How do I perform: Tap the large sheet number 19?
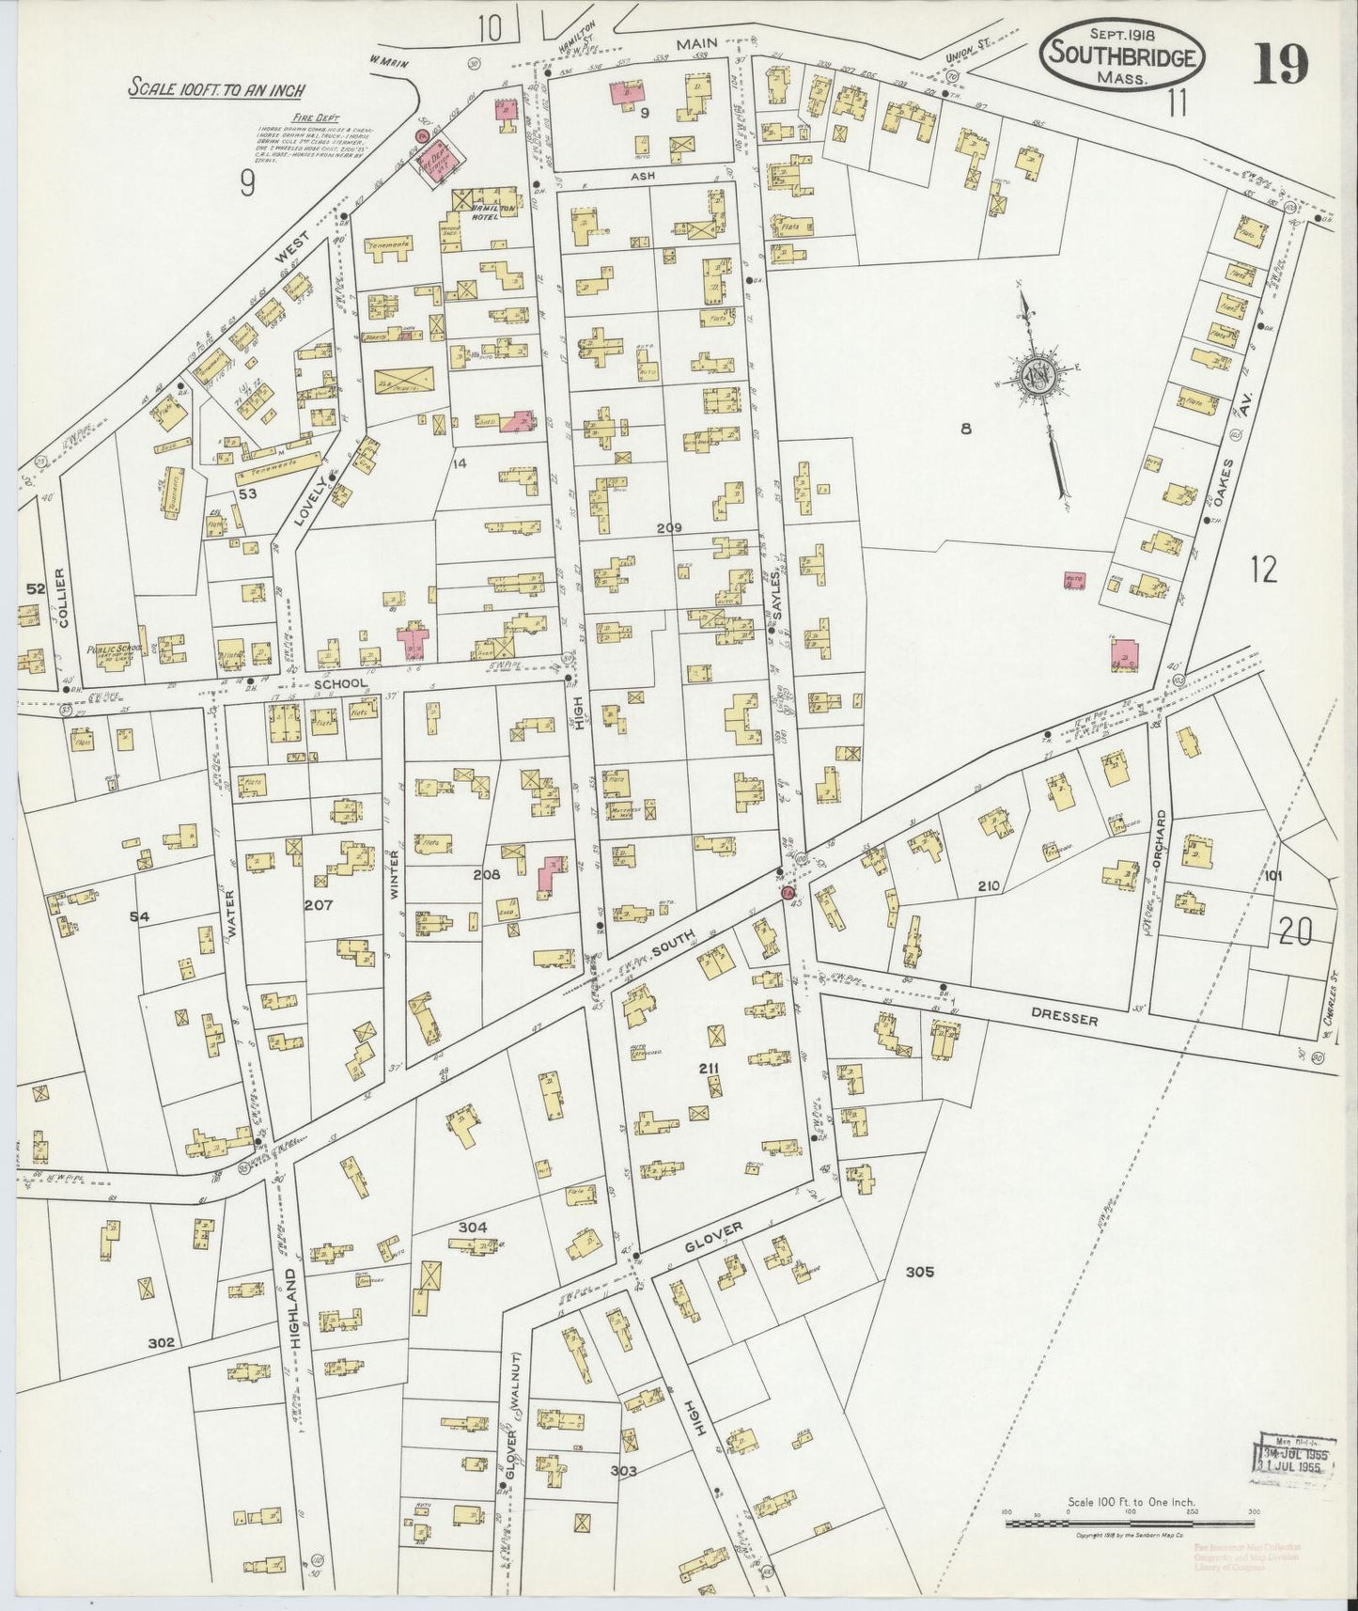click(1280, 64)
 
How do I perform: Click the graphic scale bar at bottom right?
click(1128, 1520)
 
